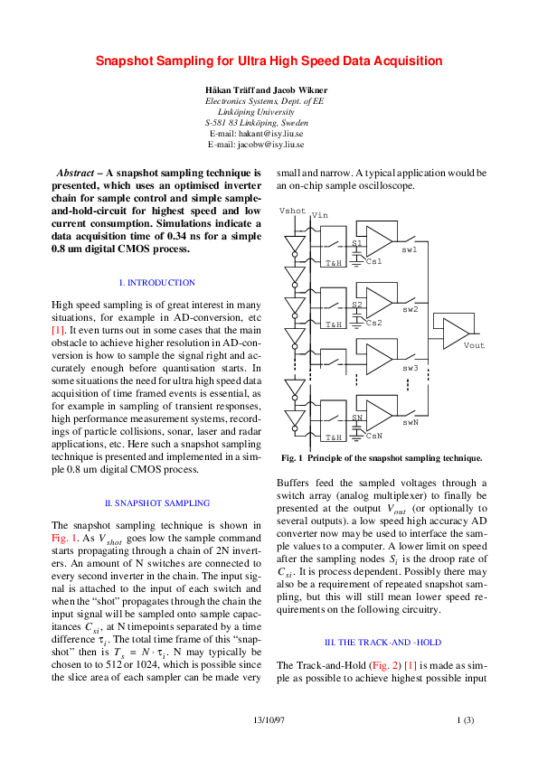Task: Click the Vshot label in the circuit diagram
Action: coord(293,211)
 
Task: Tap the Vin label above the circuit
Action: coord(319,215)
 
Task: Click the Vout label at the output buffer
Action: coord(474,345)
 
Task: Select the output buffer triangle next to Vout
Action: coord(454,332)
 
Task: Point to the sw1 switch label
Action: coord(410,249)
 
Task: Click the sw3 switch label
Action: coord(410,368)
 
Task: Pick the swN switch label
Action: coord(410,421)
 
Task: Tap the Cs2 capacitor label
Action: coord(374,323)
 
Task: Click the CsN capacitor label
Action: coord(374,436)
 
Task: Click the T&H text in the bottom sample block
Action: coord(334,437)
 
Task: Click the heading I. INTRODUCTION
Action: coord(156,283)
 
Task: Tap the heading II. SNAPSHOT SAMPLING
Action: coord(156,503)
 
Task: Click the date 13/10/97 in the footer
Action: coord(269,719)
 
